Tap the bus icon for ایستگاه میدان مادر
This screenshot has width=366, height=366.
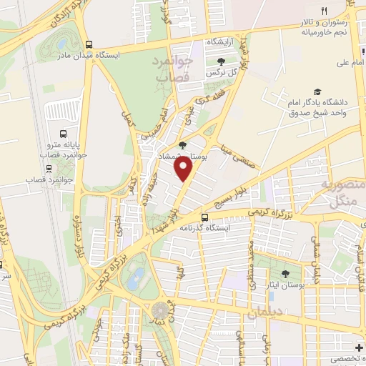pyautogui.click(x=89, y=43)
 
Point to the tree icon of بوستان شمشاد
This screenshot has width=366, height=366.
pyautogui.click(x=182, y=146)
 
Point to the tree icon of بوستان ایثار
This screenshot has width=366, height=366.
pyautogui.click(x=286, y=274)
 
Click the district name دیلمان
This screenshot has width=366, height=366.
pyautogui.click(x=265, y=312)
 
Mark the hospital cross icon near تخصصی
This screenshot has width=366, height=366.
pyautogui.click(x=358, y=347)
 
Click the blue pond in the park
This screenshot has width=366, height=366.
pyautogui.click(x=133, y=280)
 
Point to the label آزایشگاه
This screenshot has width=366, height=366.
pyautogui.click(x=221, y=43)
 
